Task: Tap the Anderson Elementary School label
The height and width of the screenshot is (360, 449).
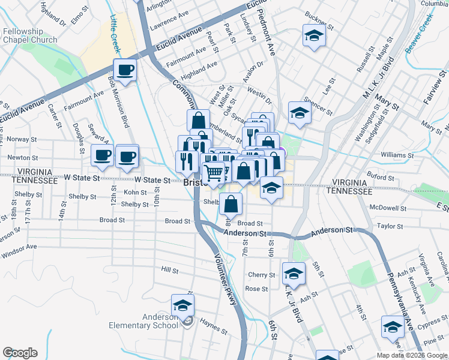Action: click(143, 321)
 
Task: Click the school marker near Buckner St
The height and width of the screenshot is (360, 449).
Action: click(314, 36)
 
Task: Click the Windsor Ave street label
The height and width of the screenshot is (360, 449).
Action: click(19, 247)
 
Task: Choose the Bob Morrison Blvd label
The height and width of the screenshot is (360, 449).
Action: click(118, 103)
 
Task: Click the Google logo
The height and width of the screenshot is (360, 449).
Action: click(20, 353)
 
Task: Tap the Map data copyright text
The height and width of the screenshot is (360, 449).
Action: click(412, 355)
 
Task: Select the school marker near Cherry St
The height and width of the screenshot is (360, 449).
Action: click(294, 274)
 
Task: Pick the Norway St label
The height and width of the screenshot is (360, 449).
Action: click(23, 139)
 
